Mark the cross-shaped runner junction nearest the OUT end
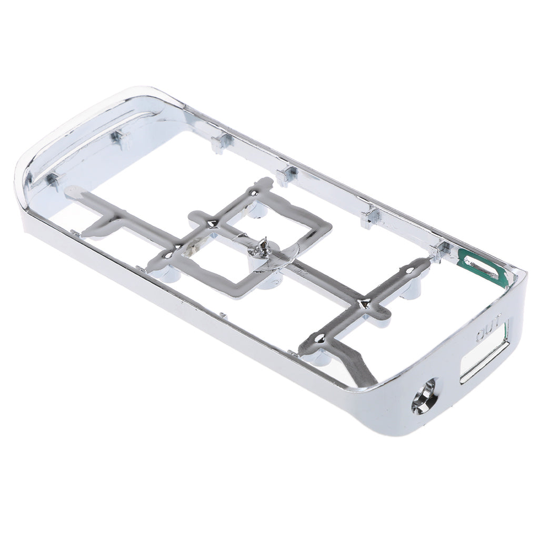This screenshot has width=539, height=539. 364,305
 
